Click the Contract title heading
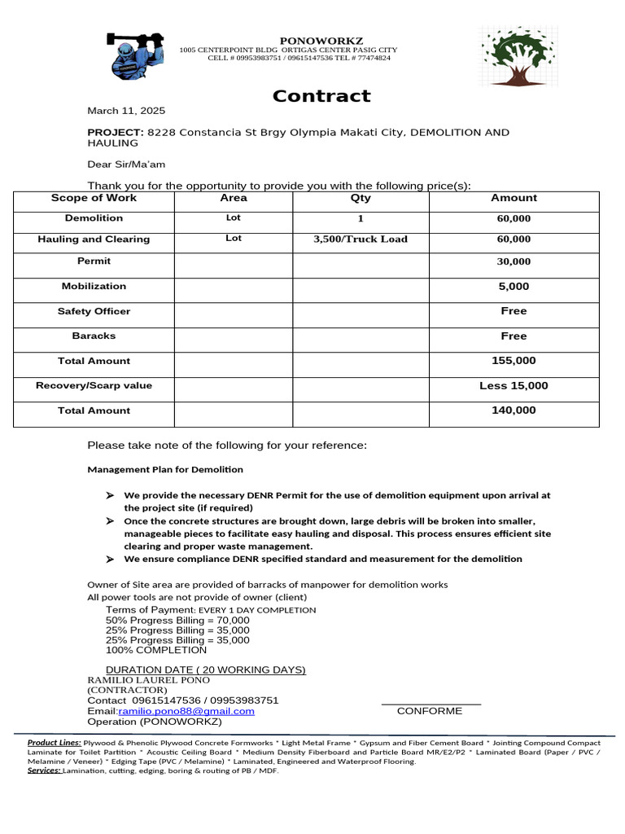(321, 96)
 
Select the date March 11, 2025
(126, 111)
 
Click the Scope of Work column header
(94, 198)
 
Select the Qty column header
(360, 198)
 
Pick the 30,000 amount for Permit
(514, 261)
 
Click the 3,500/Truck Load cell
(360, 239)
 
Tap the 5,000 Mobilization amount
(514, 287)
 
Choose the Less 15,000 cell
(514, 386)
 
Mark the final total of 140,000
(514, 410)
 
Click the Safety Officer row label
(94, 312)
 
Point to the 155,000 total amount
(514, 361)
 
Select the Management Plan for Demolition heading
(164, 470)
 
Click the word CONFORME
(429, 711)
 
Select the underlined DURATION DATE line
(206, 669)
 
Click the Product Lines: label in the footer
(54, 743)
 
